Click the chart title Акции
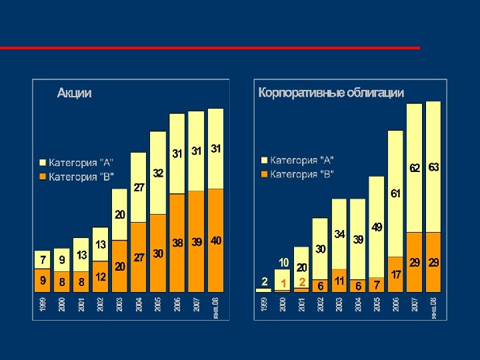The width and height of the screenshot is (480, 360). pos(74,93)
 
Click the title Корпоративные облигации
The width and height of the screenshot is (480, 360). pos(331,93)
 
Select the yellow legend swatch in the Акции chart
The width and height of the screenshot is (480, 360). pos(43,163)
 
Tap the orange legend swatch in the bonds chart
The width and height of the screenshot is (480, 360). pos(264,175)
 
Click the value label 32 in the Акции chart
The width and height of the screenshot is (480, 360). pos(158,173)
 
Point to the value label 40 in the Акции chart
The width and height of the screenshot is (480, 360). pos(216,240)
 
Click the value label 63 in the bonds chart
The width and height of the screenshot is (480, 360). pos(433,167)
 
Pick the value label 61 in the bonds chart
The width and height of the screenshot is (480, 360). pos(395,193)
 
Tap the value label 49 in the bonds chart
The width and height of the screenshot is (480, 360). pos(377,227)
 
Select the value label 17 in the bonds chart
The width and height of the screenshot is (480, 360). pos(395,274)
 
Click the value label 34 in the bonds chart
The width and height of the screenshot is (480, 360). pos(339,235)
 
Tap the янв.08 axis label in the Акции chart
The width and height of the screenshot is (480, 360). pos(215,307)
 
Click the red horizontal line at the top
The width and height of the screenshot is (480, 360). pos(210,48)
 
